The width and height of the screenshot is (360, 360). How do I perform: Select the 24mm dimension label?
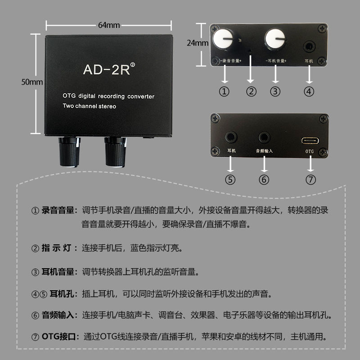(x=198, y=43)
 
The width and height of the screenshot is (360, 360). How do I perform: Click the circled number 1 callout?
(x=224, y=92)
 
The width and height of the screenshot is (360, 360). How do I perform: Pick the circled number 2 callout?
(x=251, y=92)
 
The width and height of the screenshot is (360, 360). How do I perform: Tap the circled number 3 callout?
(x=275, y=92)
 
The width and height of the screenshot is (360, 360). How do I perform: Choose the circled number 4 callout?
(x=309, y=92)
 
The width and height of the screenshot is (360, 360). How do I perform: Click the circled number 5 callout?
(x=231, y=179)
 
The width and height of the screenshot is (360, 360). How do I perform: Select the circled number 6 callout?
(x=264, y=179)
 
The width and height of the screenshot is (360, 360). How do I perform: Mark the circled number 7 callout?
(x=310, y=179)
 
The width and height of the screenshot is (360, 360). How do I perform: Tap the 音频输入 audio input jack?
(x=264, y=137)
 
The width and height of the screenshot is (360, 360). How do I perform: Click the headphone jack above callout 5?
(x=231, y=137)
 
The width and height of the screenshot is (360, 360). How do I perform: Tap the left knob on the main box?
(x=69, y=152)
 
